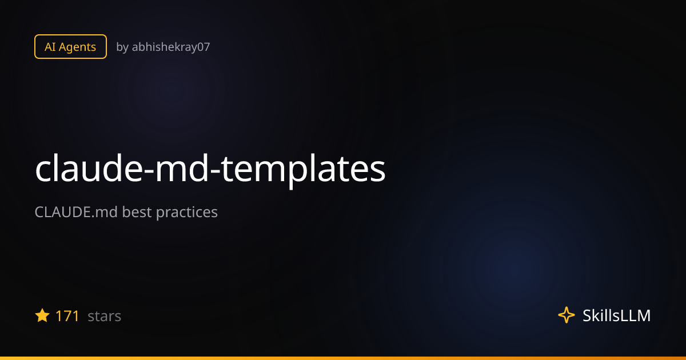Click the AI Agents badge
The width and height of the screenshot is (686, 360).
point(70,46)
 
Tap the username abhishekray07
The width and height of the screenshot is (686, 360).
point(171,47)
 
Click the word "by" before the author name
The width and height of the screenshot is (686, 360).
point(122,47)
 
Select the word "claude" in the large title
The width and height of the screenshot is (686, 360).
point(89,169)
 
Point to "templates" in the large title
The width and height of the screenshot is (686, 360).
point(303,171)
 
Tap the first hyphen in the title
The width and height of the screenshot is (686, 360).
point(149,173)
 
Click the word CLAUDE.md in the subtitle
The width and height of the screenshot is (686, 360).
point(76,212)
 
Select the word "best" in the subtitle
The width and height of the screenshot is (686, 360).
point(137,212)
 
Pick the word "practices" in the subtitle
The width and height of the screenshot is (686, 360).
point(187,213)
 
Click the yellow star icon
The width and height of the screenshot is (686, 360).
point(42,315)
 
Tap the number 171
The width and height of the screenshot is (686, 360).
point(67,316)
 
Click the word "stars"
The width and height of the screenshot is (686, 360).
point(105,317)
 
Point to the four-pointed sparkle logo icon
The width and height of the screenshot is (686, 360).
point(567,315)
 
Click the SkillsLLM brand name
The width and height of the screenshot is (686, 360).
point(616,315)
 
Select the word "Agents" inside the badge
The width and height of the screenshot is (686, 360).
point(77,47)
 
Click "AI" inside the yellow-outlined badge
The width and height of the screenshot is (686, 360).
point(50,47)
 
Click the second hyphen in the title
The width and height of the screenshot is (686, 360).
point(215,173)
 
